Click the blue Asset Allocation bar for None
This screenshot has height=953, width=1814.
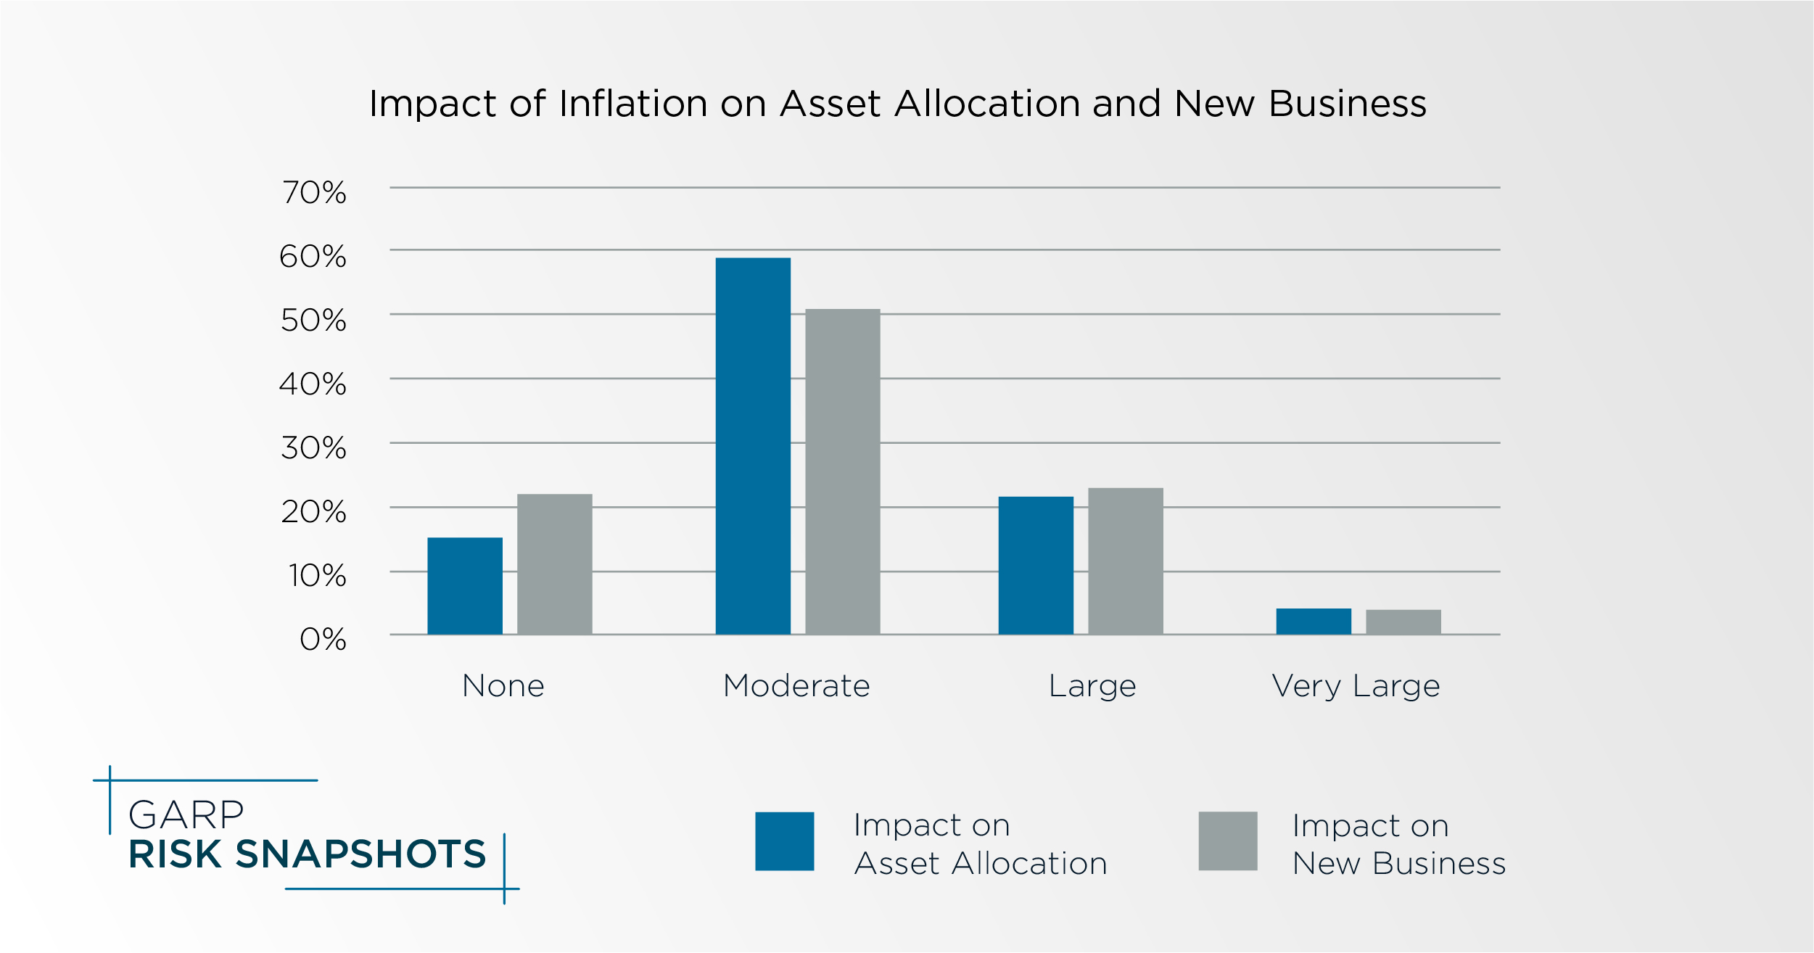(465, 586)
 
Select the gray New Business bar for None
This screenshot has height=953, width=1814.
(554, 564)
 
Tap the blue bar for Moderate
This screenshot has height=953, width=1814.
(753, 446)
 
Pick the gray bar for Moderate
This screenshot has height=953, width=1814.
(842, 471)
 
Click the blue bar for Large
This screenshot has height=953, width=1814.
(1035, 566)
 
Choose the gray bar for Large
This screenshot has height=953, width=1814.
(1125, 561)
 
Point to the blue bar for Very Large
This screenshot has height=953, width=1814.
(1313, 622)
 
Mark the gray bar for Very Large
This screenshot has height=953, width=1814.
(1403, 622)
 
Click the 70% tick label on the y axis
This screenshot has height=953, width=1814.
(315, 193)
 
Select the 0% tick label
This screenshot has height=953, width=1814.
(323, 640)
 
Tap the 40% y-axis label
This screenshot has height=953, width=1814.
(313, 384)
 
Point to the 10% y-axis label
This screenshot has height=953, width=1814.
(318, 576)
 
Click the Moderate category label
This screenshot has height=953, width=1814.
(796, 686)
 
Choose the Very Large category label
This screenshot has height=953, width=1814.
(1356, 686)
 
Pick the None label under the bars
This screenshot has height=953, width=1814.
(503, 686)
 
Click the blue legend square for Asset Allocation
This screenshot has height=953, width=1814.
(784, 841)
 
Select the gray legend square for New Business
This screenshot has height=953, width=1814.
(1227, 841)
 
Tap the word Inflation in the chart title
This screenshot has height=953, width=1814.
(633, 104)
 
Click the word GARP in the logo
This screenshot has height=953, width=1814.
(186, 815)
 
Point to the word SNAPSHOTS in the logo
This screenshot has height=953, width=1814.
(360, 854)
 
